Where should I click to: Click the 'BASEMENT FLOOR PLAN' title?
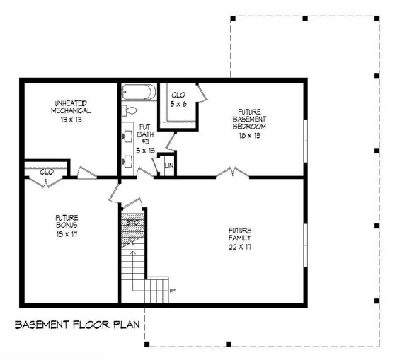tap(76, 325)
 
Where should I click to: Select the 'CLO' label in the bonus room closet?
tap(47, 172)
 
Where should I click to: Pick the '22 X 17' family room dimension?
tap(239, 246)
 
